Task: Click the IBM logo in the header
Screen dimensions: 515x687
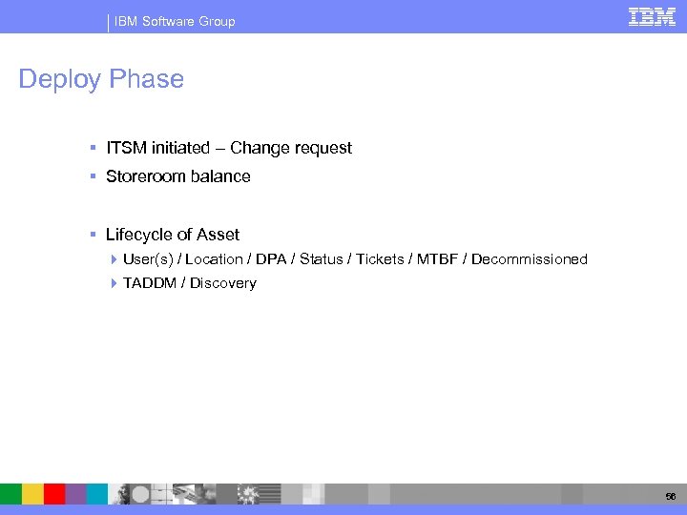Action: [x=652, y=16]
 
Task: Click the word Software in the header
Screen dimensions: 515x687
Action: [x=170, y=21]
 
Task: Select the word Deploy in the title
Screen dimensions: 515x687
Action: [x=60, y=79]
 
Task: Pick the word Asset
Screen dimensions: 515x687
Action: [x=219, y=235]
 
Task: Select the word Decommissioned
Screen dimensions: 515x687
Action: [x=530, y=259]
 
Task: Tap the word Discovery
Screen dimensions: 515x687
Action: [x=223, y=283]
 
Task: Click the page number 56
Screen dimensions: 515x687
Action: [x=669, y=494]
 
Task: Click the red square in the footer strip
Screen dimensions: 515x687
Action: [x=54, y=493]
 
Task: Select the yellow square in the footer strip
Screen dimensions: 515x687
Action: [x=33, y=493]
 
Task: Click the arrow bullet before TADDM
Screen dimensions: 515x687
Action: [x=114, y=283]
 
